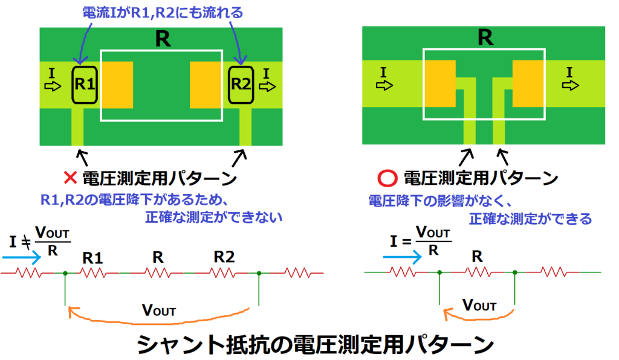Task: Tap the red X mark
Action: pos(70,178)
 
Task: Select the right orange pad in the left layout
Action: pos(206,84)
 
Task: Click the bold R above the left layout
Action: pos(161,39)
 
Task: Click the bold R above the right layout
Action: pos(484,37)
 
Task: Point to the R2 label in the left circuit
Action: pos(224,257)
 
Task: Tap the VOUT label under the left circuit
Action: pos(158,310)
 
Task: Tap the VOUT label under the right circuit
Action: pos(479,304)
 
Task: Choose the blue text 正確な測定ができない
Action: pos(214,217)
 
